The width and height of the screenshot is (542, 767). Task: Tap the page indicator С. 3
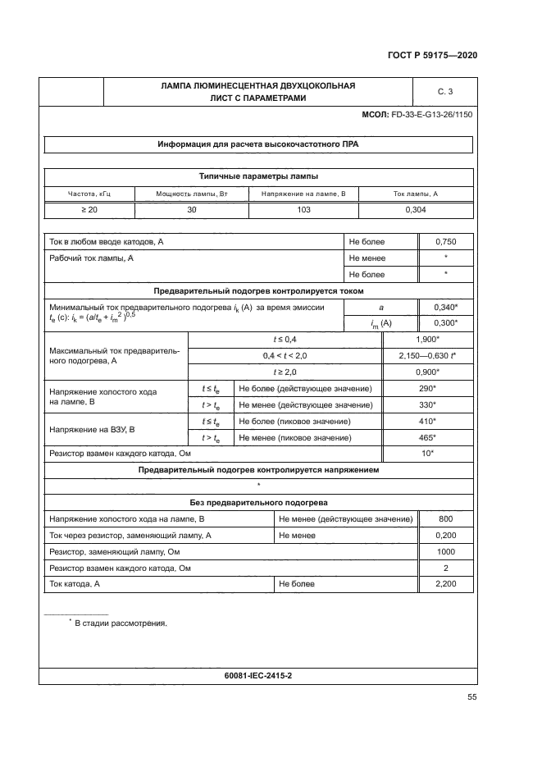point(445,91)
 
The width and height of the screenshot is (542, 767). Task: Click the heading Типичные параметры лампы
point(258,176)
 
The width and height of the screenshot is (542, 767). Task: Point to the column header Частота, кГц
point(88,194)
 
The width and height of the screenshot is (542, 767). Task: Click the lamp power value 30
point(191,210)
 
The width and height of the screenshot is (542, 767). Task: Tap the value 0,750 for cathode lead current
point(445,242)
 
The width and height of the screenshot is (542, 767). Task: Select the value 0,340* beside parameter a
point(445,307)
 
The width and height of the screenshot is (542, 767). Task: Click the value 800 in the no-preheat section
point(445,519)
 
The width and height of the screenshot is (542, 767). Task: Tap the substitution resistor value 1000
point(445,551)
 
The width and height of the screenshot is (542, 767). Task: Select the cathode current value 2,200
point(445,584)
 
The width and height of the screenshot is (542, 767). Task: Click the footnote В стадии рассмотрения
point(121,623)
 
